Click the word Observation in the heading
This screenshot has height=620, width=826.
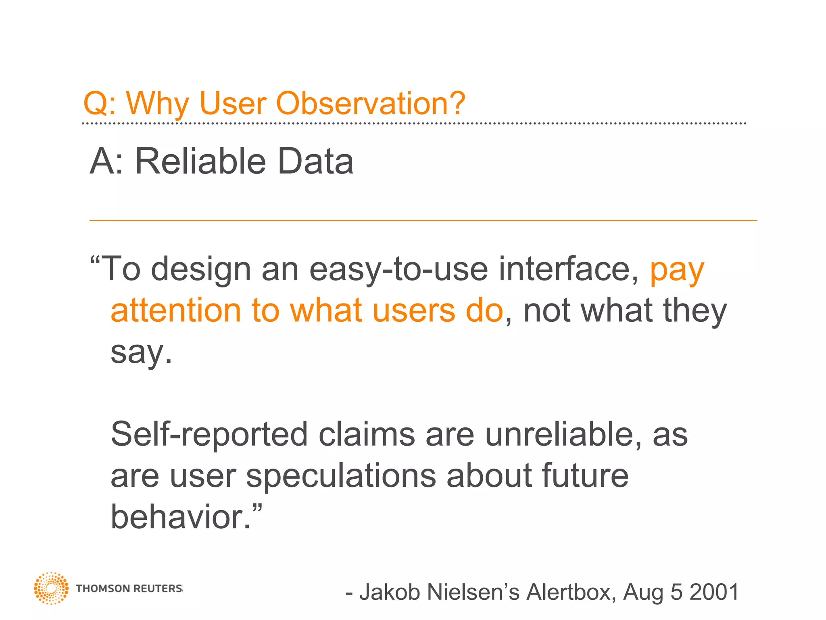[x=371, y=103]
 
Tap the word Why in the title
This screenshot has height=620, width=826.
[x=157, y=104]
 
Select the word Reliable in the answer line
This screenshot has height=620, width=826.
[x=200, y=161]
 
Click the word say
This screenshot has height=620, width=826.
[x=141, y=353]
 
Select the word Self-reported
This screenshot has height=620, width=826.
[x=209, y=435]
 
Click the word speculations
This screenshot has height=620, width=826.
[x=341, y=476]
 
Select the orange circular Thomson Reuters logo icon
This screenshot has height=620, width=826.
[x=51, y=588]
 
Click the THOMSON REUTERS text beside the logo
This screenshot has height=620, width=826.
[x=129, y=589]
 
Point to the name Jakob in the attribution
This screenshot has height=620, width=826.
[x=390, y=592]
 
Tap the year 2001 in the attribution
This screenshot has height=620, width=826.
[x=714, y=592]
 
